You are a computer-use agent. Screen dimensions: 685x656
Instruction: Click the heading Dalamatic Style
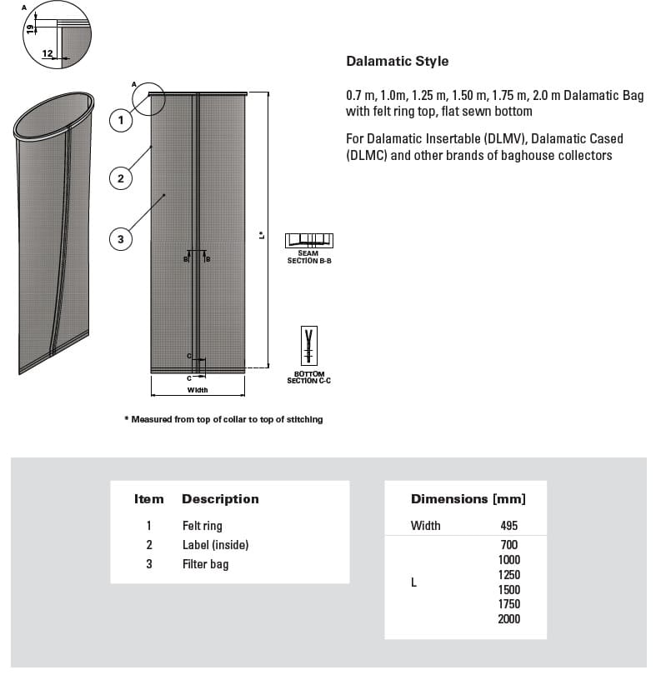(397, 61)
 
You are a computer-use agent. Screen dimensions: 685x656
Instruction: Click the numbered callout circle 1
(121, 120)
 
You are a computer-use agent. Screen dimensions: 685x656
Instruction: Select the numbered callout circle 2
(121, 177)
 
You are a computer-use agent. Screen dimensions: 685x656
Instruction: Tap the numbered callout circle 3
(121, 239)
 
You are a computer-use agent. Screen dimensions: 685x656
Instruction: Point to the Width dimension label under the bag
(197, 390)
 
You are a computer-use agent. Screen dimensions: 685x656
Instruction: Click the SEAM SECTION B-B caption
(308, 257)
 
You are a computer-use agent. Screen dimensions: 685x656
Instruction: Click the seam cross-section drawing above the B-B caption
(308, 240)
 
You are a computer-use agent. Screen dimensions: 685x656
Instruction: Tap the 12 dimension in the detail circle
(48, 54)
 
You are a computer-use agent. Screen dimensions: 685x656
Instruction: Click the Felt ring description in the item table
(202, 526)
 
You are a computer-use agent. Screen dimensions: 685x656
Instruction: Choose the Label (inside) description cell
(215, 545)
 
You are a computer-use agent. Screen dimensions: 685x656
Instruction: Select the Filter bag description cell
(205, 564)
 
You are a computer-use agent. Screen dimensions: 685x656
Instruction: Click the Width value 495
(508, 526)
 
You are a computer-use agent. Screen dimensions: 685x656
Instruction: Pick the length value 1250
(508, 575)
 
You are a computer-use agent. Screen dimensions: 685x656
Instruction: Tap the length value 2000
(508, 619)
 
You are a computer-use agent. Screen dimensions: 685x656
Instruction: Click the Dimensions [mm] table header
(468, 499)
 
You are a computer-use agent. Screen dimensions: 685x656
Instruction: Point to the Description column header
(220, 499)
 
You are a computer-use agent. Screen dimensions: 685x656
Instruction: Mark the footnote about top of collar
(223, 419)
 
